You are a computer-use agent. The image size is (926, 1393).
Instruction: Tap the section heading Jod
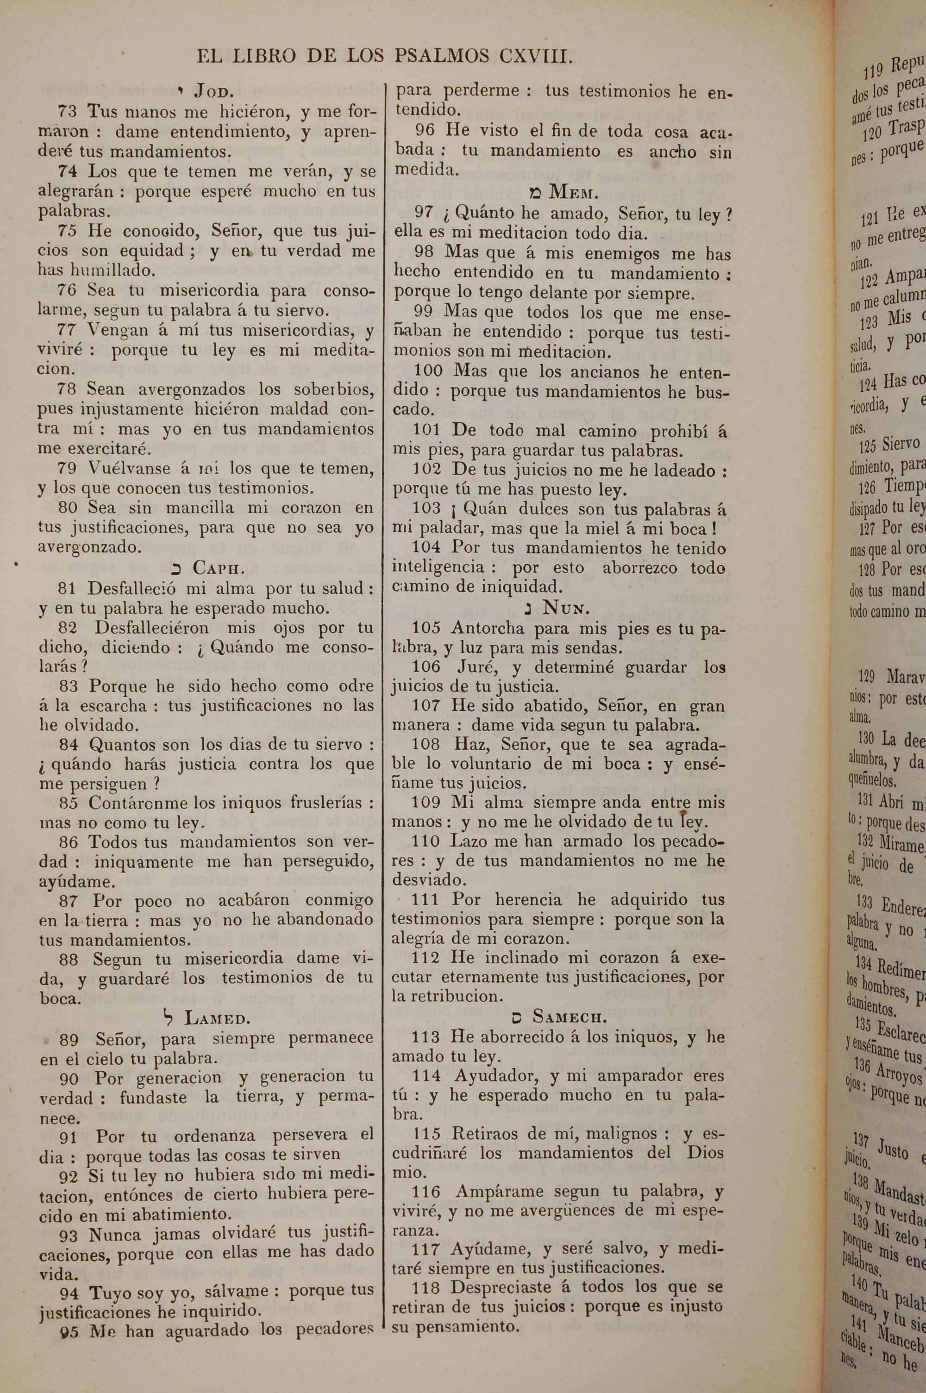(x=214, y=92)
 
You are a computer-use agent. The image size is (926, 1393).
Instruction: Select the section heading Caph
(x=219, y=568)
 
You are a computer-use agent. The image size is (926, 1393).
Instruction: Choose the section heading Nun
(x=566, y=608)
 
